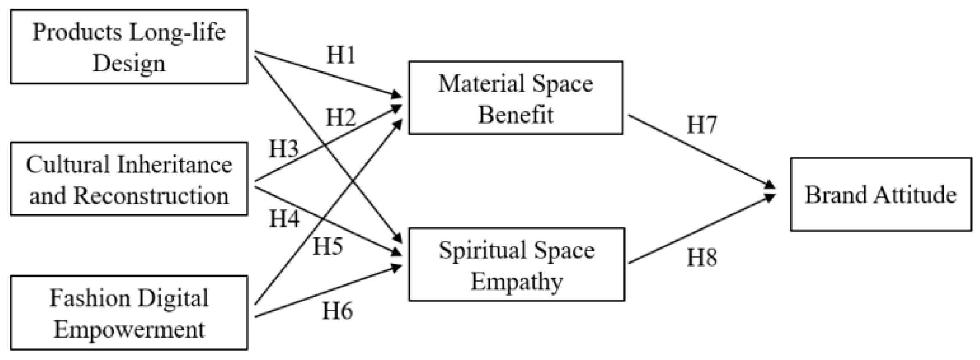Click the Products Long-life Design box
point(129,47)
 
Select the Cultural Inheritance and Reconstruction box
point(129,179)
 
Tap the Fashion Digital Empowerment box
point(129,313)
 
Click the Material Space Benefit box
point(515,98)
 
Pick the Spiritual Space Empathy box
point(516,264)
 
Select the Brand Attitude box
point(881,195)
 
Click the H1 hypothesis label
point(341,55)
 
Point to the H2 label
point(340,117)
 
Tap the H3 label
point(284,148)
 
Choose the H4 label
point(284,218)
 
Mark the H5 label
point(327,246)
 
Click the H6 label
point(337,311)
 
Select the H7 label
point(702,125)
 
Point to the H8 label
point(702,257)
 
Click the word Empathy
point(517,281)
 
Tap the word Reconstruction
point(151,196)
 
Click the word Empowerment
point(129,330)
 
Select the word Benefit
point(516,115)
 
